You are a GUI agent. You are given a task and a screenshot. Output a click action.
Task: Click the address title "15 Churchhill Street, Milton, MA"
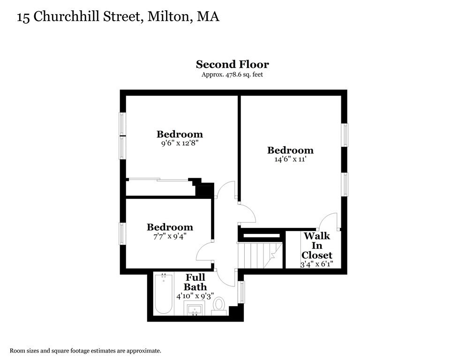118,17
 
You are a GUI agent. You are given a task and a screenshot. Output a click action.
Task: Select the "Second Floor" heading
232,64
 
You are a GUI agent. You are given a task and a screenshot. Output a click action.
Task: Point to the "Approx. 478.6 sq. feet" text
232,75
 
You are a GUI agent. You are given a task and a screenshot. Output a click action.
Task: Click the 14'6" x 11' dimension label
290,159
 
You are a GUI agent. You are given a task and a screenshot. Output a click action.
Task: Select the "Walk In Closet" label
317,245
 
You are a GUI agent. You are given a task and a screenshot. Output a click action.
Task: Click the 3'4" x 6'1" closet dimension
317,264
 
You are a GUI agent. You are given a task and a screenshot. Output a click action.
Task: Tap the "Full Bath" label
195,282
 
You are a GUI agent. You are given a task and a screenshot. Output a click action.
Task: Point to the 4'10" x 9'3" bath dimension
195,296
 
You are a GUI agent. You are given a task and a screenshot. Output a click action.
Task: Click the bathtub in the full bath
164,294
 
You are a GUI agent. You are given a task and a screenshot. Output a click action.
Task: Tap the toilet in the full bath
218,306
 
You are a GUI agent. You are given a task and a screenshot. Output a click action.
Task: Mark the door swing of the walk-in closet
329,221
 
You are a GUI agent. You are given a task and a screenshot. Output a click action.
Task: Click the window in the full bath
242,292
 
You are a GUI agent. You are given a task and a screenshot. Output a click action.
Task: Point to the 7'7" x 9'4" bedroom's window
122,233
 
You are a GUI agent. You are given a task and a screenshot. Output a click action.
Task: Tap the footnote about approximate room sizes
85,351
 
